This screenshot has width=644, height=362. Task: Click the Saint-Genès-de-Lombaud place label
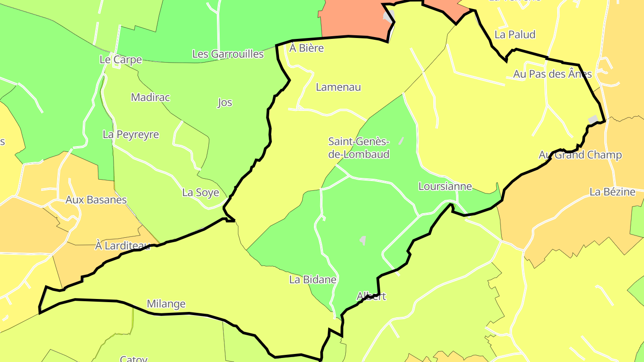point(359,148)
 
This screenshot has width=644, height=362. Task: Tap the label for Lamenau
point(338,87)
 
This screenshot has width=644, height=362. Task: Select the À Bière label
point(306,48)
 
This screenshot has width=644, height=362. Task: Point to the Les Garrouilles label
point(228,54)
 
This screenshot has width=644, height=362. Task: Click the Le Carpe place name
point(120,60)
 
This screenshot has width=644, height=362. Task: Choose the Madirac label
point(150,97)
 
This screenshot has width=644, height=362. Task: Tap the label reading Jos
point(225,103)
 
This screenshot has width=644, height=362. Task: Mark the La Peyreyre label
point(131,135)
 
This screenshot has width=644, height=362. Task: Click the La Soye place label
point(200,193)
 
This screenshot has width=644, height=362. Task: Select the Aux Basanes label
point(96,200)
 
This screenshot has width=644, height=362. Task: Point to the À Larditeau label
point(122,245)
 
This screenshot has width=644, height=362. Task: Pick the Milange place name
point(166,304)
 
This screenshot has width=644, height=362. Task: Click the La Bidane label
point(313,280)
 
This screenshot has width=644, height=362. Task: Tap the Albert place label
point(371,296)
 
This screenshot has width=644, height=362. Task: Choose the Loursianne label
point(445,186)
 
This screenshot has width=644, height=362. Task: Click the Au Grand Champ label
point(580,155)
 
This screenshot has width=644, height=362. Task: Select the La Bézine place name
point(612,192)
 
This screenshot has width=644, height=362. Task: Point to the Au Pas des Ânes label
point(552,74)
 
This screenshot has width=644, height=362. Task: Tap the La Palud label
point(515,35)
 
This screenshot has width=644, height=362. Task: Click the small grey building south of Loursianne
point(363,240)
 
